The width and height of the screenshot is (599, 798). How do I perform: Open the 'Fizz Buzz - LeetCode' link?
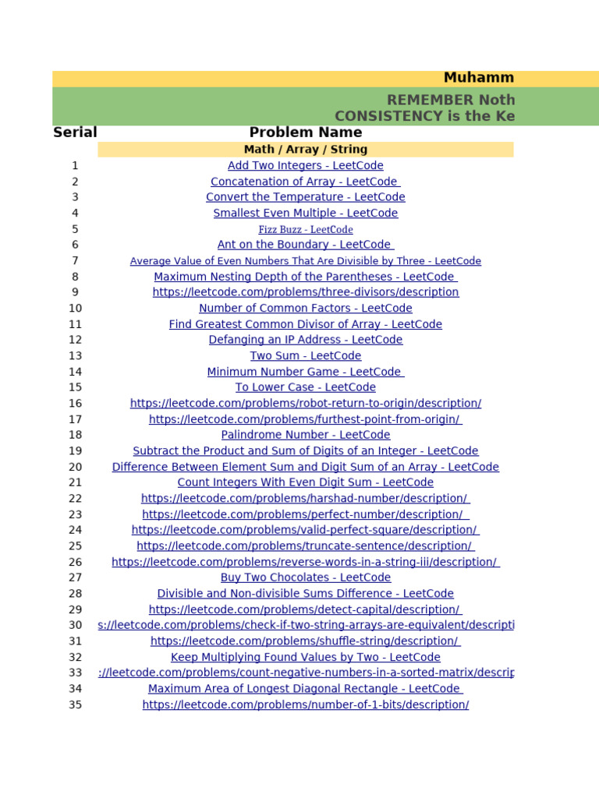pos(305,229)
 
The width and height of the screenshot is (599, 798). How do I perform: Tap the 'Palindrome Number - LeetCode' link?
pos(305,435)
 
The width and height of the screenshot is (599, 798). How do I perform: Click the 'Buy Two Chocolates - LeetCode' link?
pos(305,577)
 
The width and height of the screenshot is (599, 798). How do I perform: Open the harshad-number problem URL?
pos(305,498)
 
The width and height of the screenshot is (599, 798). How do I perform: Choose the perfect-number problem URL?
pos(305,514)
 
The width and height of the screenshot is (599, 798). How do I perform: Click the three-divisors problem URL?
pos(305,292)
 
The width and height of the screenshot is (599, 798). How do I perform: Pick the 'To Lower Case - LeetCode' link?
pos(305,387)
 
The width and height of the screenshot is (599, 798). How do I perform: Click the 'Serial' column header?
pos(75,132)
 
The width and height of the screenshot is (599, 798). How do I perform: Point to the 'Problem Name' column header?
pos(305,132)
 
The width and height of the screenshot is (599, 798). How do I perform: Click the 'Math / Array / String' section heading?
pos(305,149)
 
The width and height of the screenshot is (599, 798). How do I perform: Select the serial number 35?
pos(75,704)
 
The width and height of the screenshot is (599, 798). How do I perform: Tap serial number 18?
pos(75,435)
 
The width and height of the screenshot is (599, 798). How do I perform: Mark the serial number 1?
pos(75,165)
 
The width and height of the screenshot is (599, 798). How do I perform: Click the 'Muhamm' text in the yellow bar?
pos(478,78)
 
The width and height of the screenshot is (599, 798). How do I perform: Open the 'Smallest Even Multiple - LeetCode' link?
pos(305,213)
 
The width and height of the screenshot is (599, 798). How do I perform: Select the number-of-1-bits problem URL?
pos(305,704)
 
